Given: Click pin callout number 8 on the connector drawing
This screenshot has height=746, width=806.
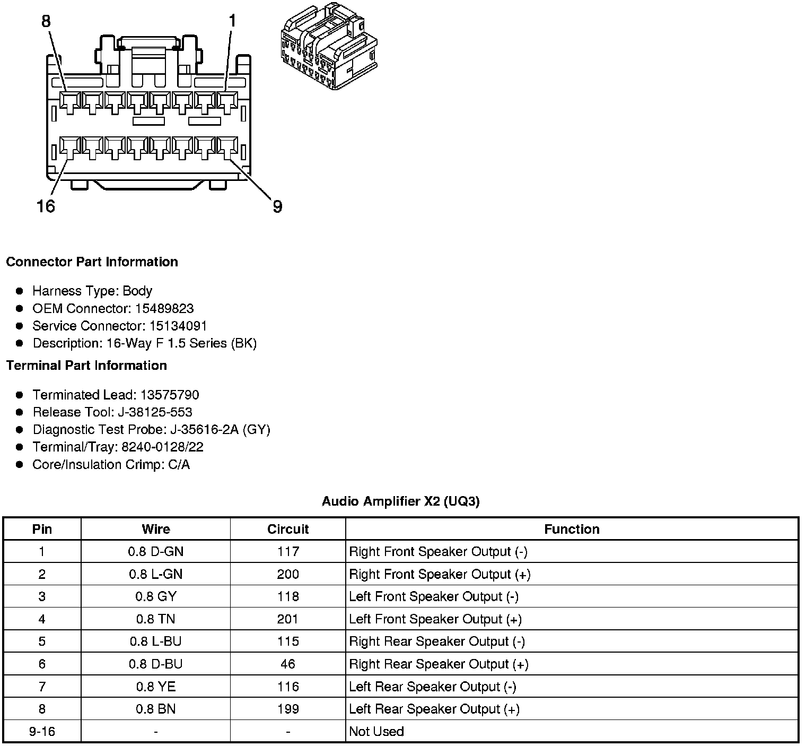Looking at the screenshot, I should coord(46,21).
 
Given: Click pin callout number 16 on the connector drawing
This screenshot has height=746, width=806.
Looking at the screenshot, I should coord(46,206).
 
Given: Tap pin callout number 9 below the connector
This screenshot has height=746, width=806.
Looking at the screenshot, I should coord(277,206).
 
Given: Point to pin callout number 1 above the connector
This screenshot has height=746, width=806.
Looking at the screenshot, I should coord(232,21).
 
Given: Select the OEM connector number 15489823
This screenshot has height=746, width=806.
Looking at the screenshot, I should coord(164,308).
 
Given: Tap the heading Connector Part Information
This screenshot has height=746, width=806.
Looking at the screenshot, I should coord(92,262).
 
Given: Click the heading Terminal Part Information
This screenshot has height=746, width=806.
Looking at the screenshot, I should coord(86,366).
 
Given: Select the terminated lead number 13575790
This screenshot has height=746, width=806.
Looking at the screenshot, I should coord(170,395).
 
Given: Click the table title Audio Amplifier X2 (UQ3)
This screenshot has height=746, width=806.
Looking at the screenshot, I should coord(401,501).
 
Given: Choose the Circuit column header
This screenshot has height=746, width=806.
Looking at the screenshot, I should coord(288,529).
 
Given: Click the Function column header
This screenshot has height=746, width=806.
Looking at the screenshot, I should coord(572,529).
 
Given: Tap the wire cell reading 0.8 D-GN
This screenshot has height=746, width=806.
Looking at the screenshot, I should coord(155,552).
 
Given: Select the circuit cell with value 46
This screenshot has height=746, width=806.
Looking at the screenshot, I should coord(288,664).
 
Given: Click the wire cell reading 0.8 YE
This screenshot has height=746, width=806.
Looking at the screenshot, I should coord(155,687).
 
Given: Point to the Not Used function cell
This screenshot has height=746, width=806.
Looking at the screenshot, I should coord(376,732).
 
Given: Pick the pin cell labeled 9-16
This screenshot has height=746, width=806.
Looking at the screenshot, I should coord(42,732).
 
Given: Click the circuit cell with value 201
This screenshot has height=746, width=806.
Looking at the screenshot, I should coord(288,619).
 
